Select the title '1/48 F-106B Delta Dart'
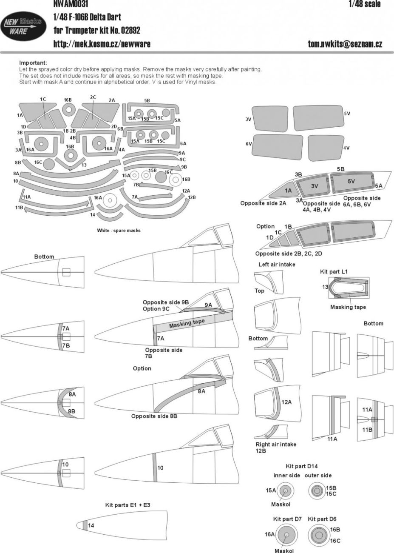point(87,17)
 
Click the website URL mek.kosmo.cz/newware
point(102,44)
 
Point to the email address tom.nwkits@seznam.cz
point(345,44)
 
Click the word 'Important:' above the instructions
point(33,63)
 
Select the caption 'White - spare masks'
point(119,230)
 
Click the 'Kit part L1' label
point(336,271)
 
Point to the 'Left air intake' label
point(277,264)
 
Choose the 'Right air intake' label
point(276,444)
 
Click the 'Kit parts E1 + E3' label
point(128,505)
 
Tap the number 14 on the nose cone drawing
point(91,526)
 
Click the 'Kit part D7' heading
point(287,519)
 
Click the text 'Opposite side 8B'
point(154,416)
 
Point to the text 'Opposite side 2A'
point(263,203)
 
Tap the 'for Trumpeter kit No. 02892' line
point(97,31)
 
